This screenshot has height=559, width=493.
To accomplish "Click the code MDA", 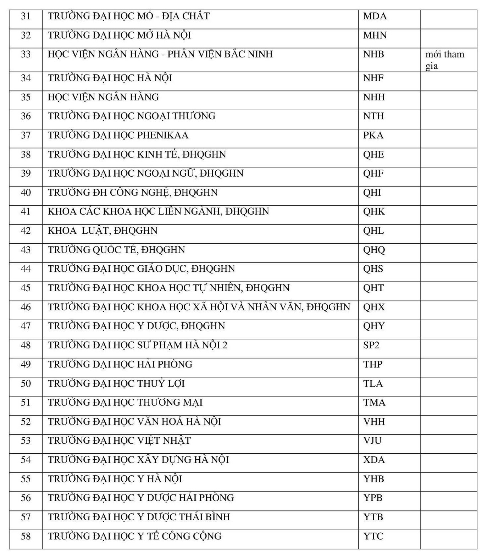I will tap(375, 16).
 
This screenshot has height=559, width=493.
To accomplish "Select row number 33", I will tap(26, 54).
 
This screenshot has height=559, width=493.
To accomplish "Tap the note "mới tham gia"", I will tap(444, 60).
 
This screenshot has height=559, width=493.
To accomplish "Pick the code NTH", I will tap(373, 116).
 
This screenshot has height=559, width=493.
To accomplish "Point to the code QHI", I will tap(372, 193).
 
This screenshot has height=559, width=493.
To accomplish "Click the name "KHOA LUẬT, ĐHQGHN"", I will tap(103, 231).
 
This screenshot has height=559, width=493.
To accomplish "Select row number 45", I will tap(26, 288).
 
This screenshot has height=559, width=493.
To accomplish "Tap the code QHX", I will tap(374, 307).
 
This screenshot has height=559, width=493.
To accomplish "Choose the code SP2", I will tap(371, 345).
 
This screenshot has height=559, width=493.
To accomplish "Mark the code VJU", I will tap(372, 441).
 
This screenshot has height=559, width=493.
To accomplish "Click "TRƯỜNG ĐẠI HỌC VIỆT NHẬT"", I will tap(119, 441).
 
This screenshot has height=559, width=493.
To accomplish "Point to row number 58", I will tap(26, 536).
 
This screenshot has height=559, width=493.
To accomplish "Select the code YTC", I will tap(373, 536).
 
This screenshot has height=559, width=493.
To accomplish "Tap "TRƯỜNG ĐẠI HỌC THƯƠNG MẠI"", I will tap(125, 402).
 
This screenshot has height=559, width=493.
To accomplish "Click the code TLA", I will tap(373, 383).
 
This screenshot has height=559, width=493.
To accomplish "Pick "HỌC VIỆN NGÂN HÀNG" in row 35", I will tap(103, 97).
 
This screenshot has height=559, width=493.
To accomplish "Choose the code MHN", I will tap(375, 35).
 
